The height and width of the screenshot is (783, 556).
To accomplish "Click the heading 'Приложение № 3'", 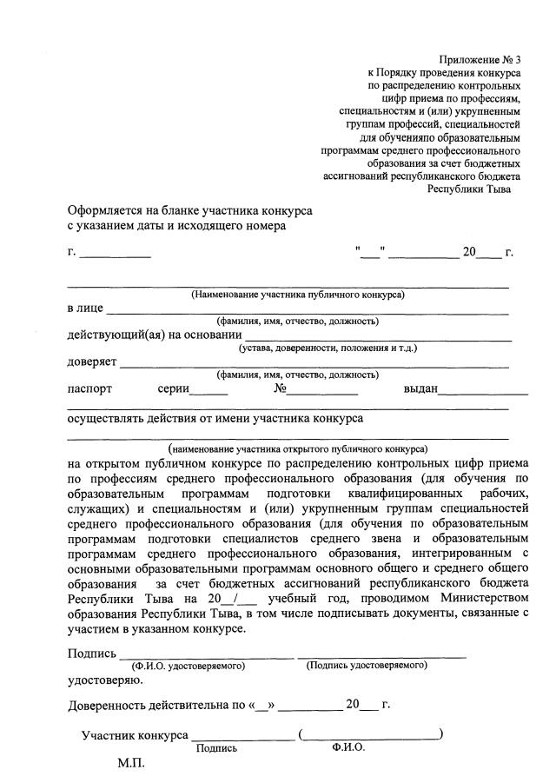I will click(480, 60).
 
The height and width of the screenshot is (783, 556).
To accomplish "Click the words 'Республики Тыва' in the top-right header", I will click(470, 189).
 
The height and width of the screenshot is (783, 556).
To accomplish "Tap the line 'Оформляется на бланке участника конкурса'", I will click(190, 211).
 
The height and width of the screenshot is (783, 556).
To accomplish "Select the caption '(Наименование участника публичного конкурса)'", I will click(298, 295).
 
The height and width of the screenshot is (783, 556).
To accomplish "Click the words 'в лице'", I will click(85, 308).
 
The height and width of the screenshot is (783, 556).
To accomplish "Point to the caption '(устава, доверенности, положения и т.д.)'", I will click(328, 348).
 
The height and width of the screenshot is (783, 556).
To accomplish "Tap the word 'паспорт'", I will click(89, 388).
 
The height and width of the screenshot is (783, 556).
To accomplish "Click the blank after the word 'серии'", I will click(208, 392).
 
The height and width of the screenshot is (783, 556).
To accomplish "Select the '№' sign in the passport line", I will click(281, 388).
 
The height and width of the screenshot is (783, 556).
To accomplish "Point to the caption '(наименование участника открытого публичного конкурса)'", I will click(298, 449).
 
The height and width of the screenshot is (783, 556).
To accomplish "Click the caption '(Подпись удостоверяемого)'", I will click(366, 666).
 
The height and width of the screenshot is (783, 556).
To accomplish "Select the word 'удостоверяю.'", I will click(98, 680).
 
